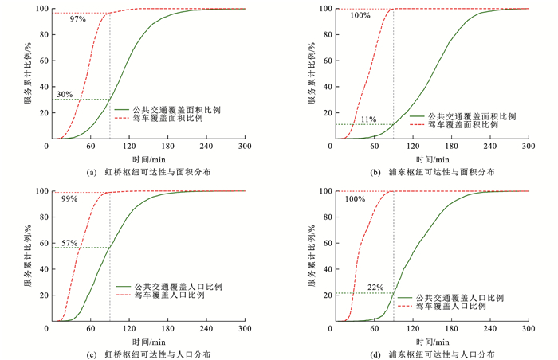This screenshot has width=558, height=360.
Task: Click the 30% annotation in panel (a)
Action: tap(65, 94)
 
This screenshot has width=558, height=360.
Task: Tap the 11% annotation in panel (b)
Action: tap(368, 119)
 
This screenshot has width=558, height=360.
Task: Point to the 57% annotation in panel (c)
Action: tap(69, 242)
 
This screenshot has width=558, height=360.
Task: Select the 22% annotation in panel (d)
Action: tap(375, 288)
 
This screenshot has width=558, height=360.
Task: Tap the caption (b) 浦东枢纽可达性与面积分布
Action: tap(429, 171)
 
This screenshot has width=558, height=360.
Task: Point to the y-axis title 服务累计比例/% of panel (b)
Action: tap(312, 74)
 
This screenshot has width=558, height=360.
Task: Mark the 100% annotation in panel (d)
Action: tap(356, 199)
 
